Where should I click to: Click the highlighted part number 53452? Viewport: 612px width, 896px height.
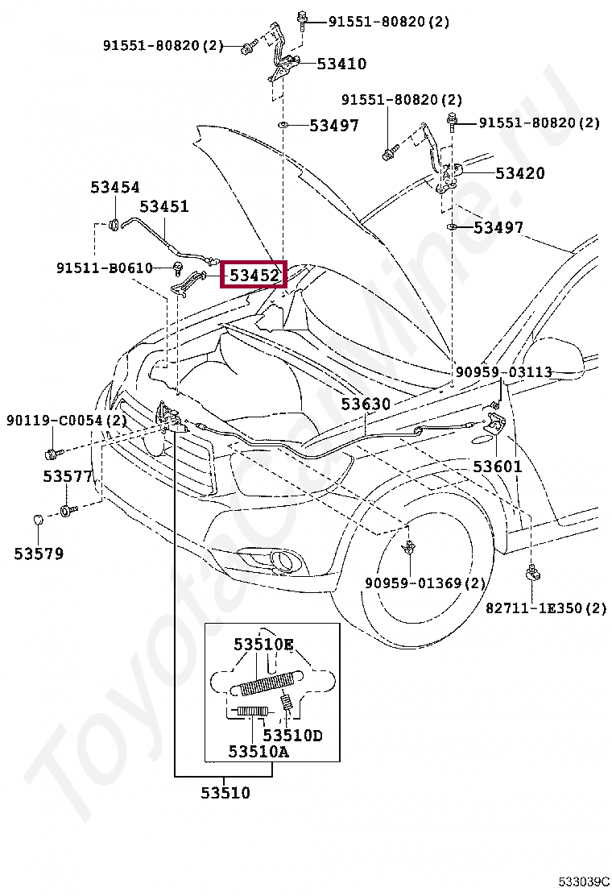[x=254, y=276]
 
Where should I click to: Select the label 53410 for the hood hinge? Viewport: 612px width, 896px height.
[x=341, y=64]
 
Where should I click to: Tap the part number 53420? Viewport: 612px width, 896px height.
[x=519, y=173]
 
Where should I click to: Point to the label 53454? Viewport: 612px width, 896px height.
[x=114, y=187]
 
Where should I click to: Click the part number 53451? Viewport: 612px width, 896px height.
[x=164, y=206]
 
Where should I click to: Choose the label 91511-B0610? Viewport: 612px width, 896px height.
[x=104, y=268]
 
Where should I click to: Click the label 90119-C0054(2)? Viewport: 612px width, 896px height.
[x=67, y=421]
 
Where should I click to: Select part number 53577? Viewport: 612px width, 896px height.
[x=68, y=476]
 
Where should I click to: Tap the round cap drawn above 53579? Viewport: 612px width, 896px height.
[x=38, y=519]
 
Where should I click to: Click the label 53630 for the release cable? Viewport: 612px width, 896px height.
[x=365, y=404]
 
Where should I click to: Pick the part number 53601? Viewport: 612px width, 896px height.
[x=497, y=467]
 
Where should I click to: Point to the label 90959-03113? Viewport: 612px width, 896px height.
[x=503, y=372]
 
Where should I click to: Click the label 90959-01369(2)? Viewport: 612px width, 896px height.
[x=425, y=583]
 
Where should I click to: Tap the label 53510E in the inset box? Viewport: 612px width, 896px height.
[x=264, y=645]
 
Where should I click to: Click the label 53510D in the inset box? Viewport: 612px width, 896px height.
[x=292, y=735]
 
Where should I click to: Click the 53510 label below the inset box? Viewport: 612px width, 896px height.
[x=225, y=793]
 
